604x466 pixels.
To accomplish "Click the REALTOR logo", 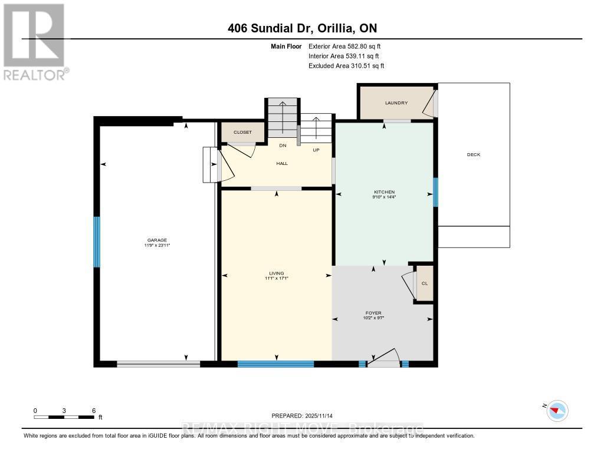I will (34, 41).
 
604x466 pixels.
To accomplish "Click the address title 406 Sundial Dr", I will (302, 28).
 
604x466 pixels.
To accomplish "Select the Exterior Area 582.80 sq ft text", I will (349, 46).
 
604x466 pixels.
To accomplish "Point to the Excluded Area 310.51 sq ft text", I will (346, 66).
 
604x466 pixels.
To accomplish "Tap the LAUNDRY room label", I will (396, 103).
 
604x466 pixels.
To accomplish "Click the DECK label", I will (474, 155).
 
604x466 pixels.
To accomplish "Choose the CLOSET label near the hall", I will (242, 133).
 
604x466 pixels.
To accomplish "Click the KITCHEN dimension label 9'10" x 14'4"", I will (384, 197).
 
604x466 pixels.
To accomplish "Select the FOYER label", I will (373, 313).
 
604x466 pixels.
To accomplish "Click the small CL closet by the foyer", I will (424, 283).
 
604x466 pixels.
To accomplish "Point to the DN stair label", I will (283, 146).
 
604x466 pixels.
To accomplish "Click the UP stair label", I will (316, 150).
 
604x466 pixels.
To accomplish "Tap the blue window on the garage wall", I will (97, 242).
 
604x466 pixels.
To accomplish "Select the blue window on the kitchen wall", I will (435, 192).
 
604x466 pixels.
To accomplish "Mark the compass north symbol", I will (557, 409).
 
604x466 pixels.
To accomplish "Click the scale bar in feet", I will (64, 417).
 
